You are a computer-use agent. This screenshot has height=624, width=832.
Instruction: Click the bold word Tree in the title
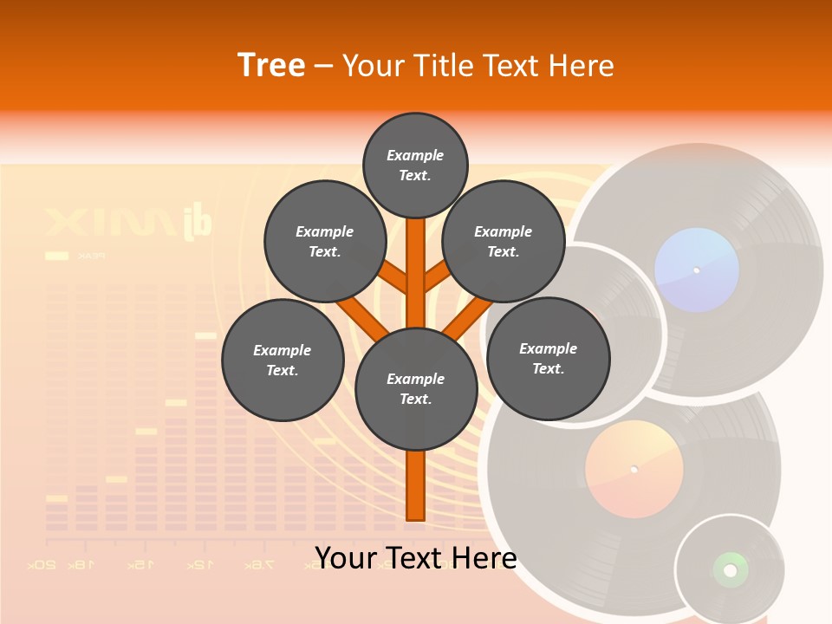point(271,65)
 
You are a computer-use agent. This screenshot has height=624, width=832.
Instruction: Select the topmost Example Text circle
point(415,165)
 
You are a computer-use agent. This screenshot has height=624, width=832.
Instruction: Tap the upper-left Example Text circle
point(324,241)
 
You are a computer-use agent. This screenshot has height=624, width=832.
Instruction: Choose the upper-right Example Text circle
point(503,241)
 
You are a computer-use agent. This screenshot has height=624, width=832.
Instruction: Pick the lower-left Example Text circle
point(282,360)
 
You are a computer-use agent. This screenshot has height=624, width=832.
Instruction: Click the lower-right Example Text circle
point(548,358)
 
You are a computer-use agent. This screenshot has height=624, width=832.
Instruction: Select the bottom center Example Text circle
point(415,388)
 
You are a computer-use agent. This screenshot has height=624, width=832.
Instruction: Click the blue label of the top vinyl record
point(696,270)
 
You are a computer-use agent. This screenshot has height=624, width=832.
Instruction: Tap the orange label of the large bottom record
point(634,470)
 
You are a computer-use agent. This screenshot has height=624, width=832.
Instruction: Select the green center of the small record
point(730,569)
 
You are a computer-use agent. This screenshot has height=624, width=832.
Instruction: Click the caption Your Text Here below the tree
point(415,557)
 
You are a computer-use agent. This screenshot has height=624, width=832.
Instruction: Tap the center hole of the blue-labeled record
point(696,270)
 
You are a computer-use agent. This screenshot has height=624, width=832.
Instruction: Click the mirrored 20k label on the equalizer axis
point(42,565)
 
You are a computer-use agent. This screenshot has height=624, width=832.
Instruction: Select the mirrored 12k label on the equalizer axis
point(198,565)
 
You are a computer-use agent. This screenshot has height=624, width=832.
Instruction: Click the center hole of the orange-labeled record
point(634,470)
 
